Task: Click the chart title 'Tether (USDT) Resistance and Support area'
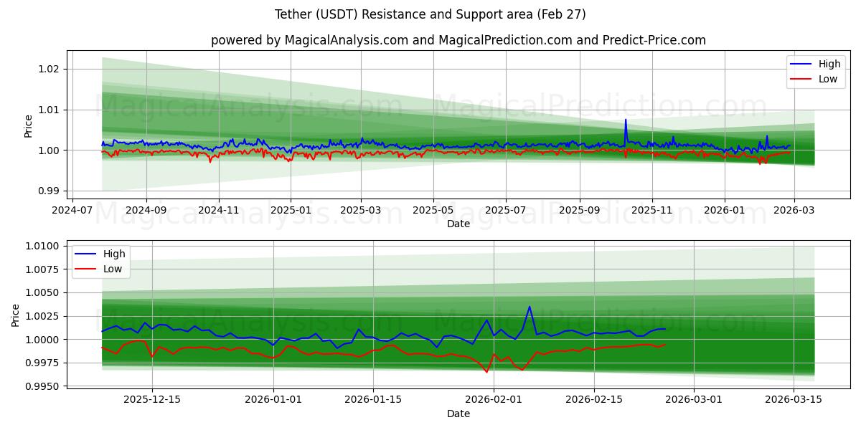coord(430,14)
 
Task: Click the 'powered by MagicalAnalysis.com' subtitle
coord(458,40)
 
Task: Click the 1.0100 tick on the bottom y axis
coord(42,246)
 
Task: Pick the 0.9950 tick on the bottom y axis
coord(42,386)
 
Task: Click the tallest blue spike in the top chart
coord(626,120)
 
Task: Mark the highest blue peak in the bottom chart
coord(530,307)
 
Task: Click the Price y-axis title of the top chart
coord(29,125)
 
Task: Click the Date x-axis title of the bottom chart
coord(458,414)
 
